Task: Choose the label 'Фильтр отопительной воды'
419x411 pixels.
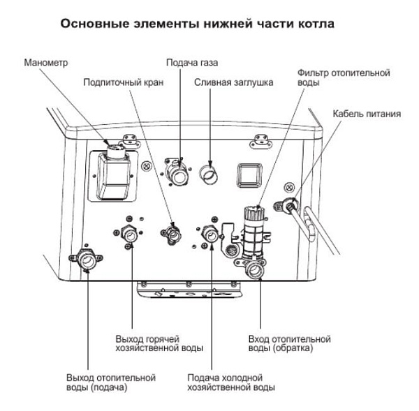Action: (x=343, y=77)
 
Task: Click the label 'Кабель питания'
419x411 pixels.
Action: (x=367, y=113)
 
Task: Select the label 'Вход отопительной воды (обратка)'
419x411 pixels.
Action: (x=289, y=343)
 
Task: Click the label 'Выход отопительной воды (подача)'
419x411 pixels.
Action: (x=110, y=382)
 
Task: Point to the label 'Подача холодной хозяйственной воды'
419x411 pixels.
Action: (x=231, y=382)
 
